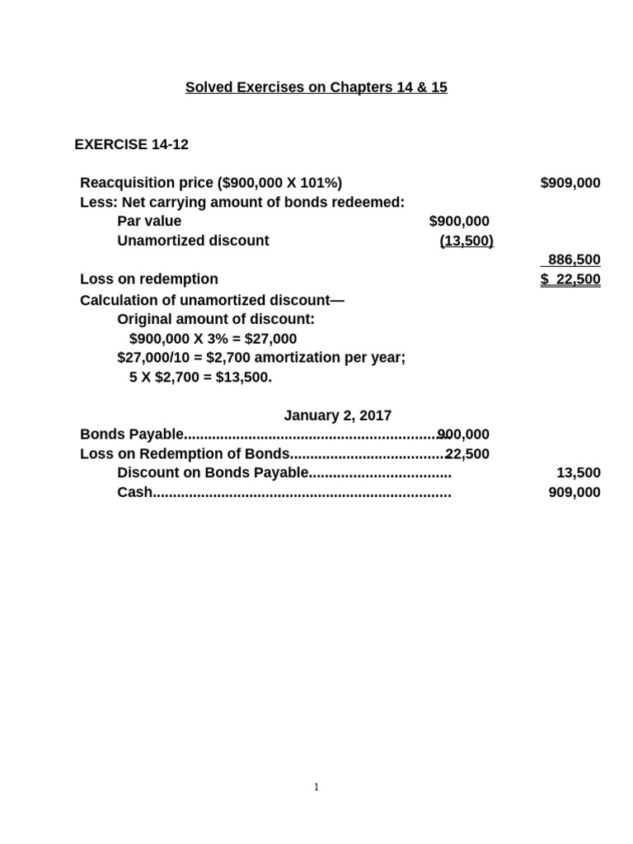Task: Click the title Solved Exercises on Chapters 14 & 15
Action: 316,87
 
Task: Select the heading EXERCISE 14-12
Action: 131,144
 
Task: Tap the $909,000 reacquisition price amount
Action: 570,183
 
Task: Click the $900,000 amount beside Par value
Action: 459,221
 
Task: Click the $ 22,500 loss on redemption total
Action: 570,279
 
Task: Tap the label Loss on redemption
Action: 149,279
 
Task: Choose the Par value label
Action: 149,221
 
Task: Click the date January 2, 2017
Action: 338,415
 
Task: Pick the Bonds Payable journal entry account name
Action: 132,434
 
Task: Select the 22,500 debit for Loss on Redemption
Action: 468,454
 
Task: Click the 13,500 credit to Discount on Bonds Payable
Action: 579,473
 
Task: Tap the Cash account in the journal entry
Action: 135,493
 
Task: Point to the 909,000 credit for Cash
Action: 574,493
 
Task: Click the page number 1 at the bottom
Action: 316,787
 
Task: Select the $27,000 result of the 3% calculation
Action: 270,339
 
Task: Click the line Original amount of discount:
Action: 216,319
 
